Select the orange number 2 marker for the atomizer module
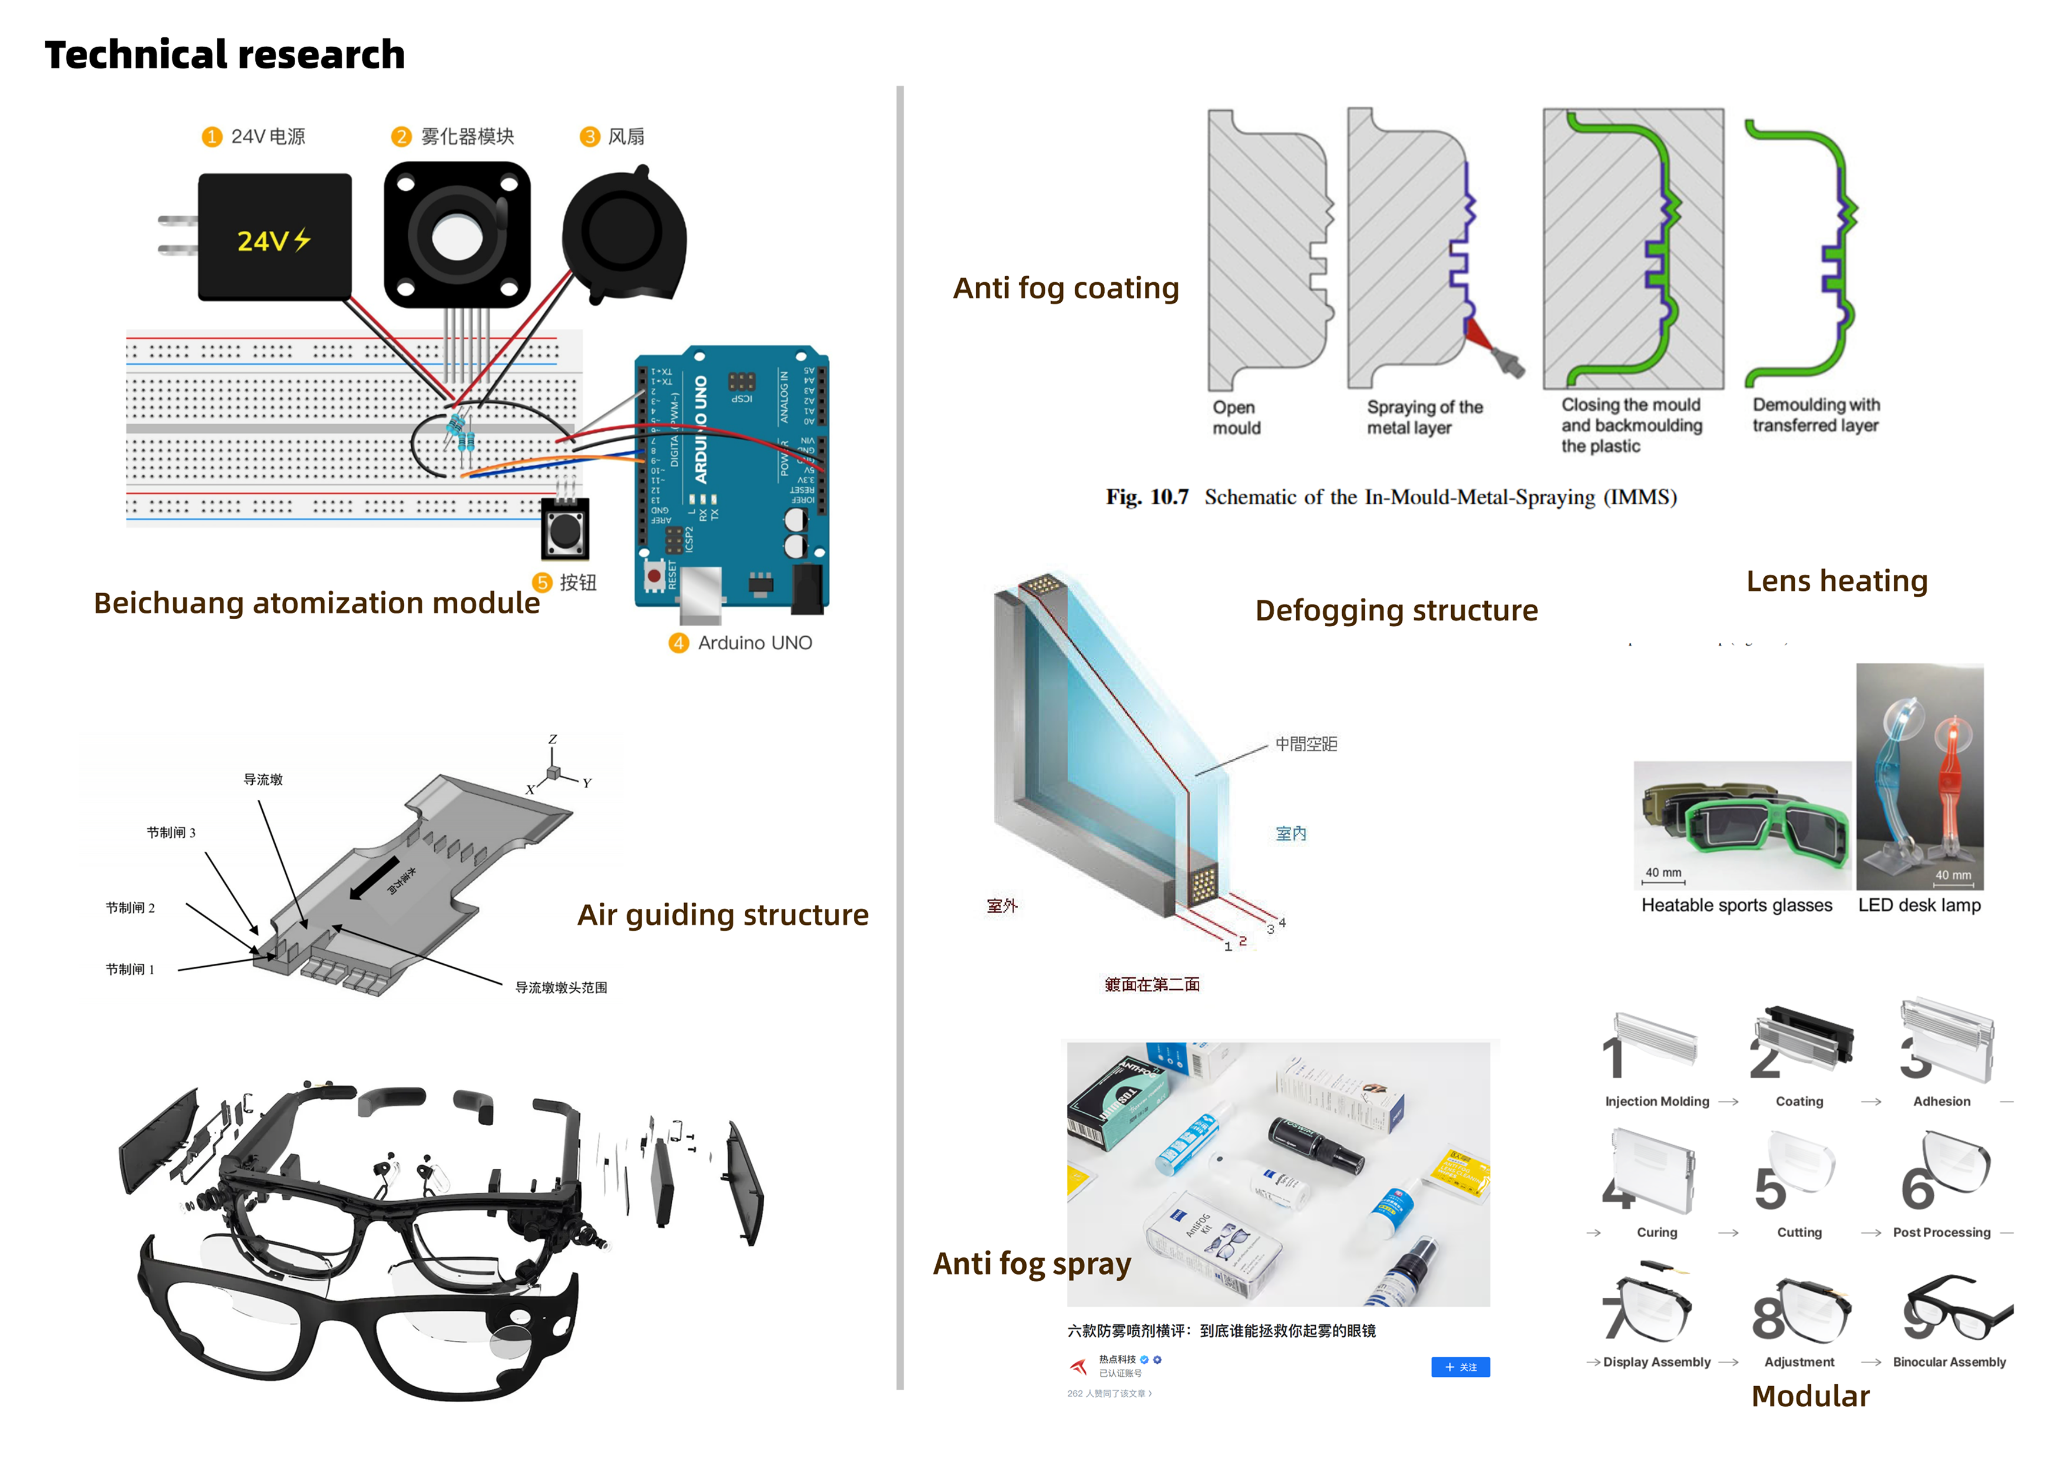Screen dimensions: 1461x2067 (401, 137)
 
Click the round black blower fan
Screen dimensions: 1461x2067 (621, 232)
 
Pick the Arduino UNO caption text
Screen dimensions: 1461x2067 (754, 643)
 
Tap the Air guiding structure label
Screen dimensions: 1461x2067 (723, 914)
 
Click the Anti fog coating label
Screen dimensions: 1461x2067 (1066, 288)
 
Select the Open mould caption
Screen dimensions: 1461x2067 (1235, 418)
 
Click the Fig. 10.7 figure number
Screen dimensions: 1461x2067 (1147, 497)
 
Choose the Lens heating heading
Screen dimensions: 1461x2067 (1837, 581)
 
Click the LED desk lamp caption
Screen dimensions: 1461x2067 (1919, 905)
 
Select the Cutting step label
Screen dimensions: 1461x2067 (1799, 1232)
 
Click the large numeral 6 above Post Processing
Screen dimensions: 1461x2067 (1917, 1190)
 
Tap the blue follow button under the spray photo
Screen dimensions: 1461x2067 (1460, 1367)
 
